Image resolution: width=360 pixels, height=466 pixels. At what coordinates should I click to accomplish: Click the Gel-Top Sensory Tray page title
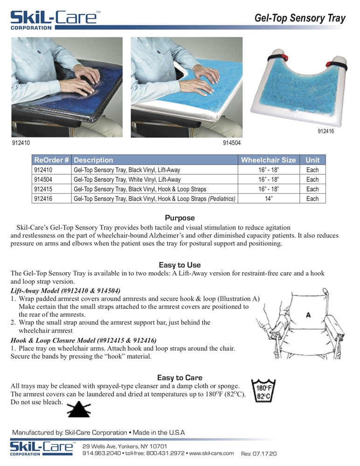coord(300,18)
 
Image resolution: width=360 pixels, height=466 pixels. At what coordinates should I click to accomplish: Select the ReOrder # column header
coord(52,160)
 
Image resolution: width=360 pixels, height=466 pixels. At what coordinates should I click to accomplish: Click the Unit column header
coord(312,160)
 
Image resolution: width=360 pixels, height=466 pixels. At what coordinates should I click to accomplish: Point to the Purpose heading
coord(180,218)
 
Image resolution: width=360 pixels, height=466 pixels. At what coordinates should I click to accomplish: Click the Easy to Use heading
coord(180,265)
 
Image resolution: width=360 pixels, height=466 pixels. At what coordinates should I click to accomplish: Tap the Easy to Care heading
coord(180,377)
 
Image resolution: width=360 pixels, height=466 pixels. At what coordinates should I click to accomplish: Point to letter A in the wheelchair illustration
coord(308,315)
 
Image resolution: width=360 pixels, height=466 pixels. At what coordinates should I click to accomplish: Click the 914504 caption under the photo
coord(232,143)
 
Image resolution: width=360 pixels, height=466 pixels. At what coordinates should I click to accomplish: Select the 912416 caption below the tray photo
coord(325,131)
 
